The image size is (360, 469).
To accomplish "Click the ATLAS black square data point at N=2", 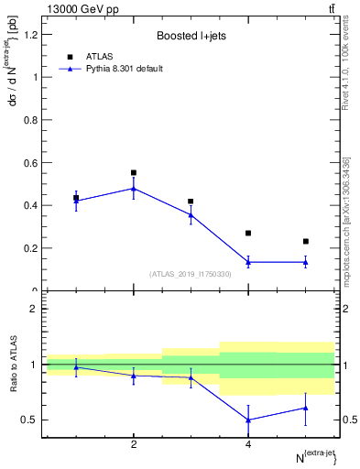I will pyautogui.click(x=134, y=172).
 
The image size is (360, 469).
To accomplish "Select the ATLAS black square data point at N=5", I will pyautogui.click(x=305, y=242).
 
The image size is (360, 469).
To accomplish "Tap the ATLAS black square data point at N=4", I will pyautogui.click(x=248, y=233).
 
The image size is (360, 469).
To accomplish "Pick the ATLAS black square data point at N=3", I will pyautogui.click(x=191, y=202).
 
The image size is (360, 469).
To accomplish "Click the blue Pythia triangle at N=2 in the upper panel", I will pyautogui.click(x=134, y=189).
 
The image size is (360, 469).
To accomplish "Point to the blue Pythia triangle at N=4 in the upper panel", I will pyautogui.click(x=248, y=262).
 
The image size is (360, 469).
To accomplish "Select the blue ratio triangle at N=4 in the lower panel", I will pyautogui.click(x=248, y=420).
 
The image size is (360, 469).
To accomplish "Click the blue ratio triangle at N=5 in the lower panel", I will pyautogui.click(x=305, y=408).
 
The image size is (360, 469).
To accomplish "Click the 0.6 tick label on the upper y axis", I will pyautogui.click(x=31, y=163).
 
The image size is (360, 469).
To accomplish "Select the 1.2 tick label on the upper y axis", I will pyautogui.click(x=31, y=35).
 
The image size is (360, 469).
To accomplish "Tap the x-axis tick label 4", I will pyautogui.click(x=248, y=444).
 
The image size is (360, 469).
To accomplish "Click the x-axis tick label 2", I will pyautogui.click(x=134, y=444).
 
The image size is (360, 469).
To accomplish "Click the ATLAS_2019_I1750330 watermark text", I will pyautogui.click(x=191, y=274).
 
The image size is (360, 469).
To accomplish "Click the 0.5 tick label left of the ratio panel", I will pyautogui.click(x=31, y=420).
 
